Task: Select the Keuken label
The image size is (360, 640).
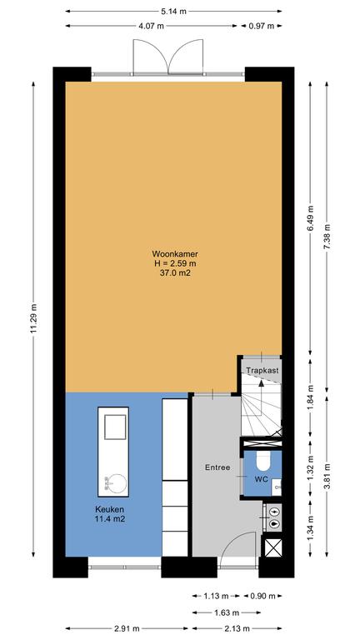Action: click(109, 509)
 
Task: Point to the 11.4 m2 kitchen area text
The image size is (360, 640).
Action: click(109, 519)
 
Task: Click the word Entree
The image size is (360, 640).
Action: click(217, 467)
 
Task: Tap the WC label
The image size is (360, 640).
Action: click(261, 479)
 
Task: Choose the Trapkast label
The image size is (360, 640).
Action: click(262, 371)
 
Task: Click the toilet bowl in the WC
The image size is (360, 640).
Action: click(263, 461)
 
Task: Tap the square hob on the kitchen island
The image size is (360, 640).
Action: click(115, 427)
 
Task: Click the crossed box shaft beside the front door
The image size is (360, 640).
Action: click(273, 547)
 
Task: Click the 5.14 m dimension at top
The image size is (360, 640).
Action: click(173, 12)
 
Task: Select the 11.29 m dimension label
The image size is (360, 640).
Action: click(33, 318)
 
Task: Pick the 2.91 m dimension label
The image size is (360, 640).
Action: click(126, 628)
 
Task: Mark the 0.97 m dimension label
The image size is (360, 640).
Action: click(261, 26)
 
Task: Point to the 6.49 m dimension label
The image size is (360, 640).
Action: click(310, 217)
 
